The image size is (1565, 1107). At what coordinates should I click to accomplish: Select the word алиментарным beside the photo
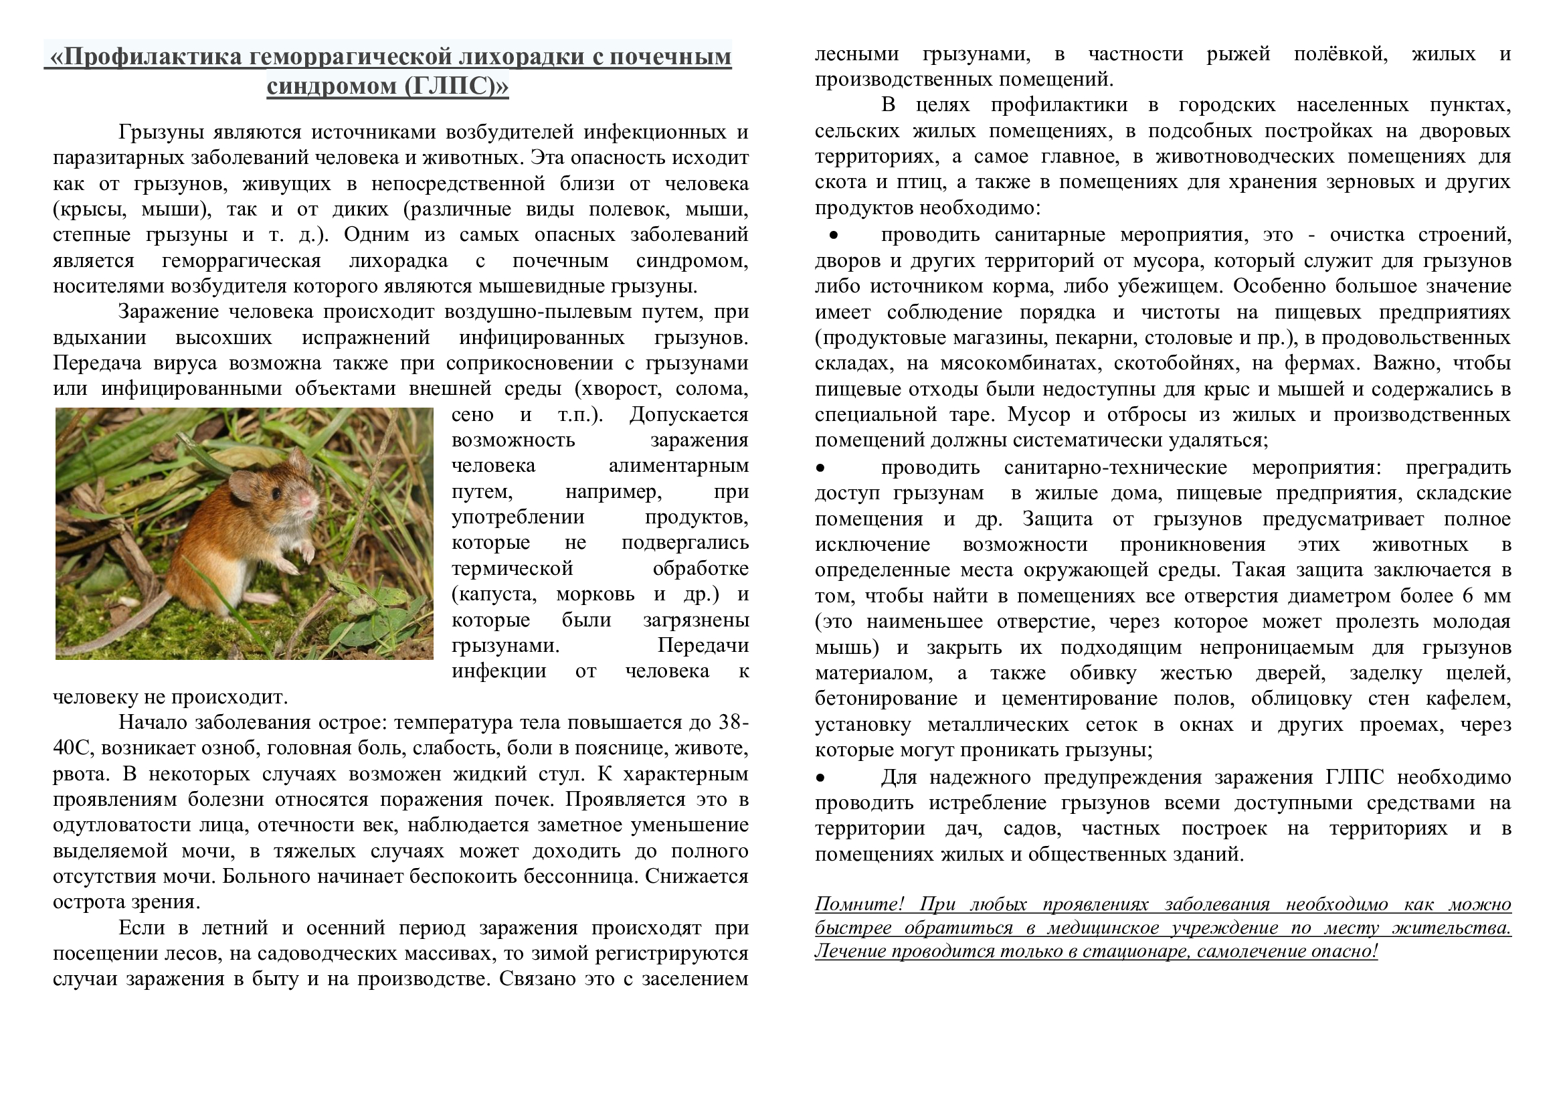[678, 466]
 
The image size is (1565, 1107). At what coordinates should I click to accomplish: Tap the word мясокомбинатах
[1018, 363]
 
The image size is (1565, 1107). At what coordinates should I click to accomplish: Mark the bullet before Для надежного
[821, 778]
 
